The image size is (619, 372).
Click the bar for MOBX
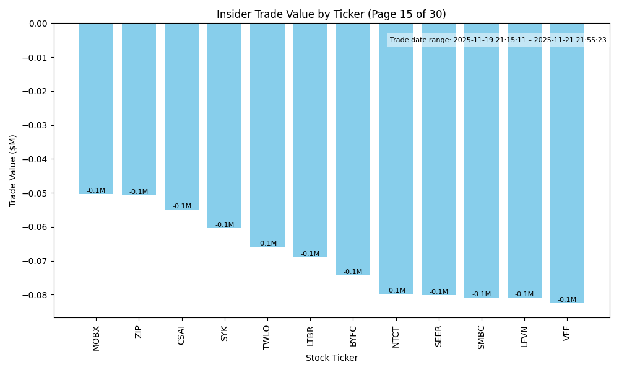point(96,108)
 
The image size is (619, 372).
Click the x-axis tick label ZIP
point(139,332)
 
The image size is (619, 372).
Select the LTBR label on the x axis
point(310,336)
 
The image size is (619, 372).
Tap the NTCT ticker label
point(396,337)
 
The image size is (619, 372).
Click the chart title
point(331,14)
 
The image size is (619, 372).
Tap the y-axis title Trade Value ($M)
point(13,170)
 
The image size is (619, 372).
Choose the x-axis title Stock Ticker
point(331,358)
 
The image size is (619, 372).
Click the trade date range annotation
point(498,40)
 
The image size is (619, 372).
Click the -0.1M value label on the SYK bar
point(225,225)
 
